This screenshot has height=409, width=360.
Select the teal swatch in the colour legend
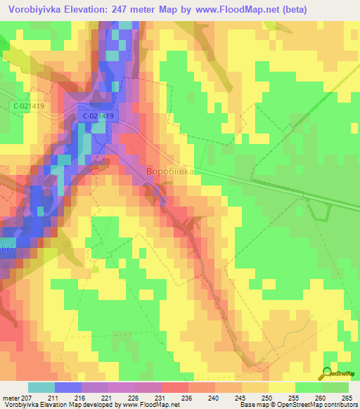click(41, 387)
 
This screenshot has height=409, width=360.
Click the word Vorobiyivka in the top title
click(38, 9)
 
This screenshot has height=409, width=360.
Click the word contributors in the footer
click(339, 405)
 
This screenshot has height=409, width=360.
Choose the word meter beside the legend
click(11, 398)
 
